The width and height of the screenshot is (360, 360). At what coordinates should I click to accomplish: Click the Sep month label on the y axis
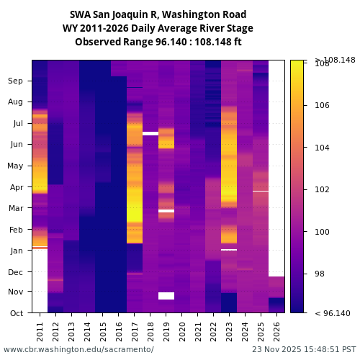(16, 81)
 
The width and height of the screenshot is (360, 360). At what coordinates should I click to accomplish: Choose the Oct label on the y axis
(16, 313)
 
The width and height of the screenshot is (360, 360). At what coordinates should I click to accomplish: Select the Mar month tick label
(16, 209)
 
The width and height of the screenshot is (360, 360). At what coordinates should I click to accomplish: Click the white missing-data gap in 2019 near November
(166, 296)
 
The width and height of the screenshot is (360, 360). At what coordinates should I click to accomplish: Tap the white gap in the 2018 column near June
(150, 133)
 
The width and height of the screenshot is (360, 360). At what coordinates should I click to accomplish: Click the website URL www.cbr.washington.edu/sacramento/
(78, 349)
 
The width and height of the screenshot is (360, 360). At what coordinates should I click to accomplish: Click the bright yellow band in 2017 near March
(135, 212)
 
